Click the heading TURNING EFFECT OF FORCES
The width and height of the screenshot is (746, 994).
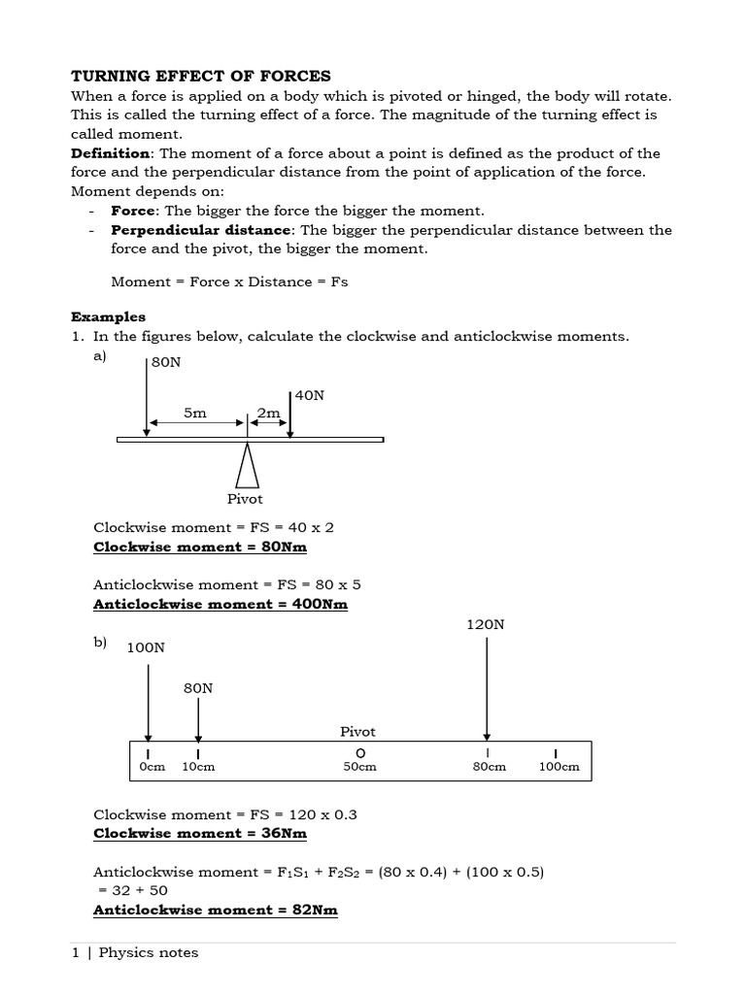[x=201, y=76]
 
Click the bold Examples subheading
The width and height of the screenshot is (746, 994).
[x=108, y=316]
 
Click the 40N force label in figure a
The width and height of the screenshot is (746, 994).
[x=309, y=395]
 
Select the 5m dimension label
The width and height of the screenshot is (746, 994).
[x=195, y=414]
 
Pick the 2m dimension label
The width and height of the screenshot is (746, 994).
[x=268, y=414]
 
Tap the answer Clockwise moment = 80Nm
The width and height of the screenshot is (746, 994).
[x=199, y=547]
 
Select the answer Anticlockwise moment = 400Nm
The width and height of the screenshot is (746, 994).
[x=220, y=604]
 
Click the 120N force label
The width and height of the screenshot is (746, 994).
[x=486, y=625]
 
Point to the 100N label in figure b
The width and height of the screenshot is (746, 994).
[x=146, y=647]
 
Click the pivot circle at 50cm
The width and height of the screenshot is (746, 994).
[x=359, y=753]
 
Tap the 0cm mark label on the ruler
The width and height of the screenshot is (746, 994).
[x=153, y=767]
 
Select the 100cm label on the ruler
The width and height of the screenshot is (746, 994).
[x=559, y=767]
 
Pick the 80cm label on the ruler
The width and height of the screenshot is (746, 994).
[x=489, y=767]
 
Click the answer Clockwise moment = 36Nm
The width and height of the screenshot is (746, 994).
[x=199, y=833]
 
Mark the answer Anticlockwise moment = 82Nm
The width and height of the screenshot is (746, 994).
[x=215, y=910]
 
